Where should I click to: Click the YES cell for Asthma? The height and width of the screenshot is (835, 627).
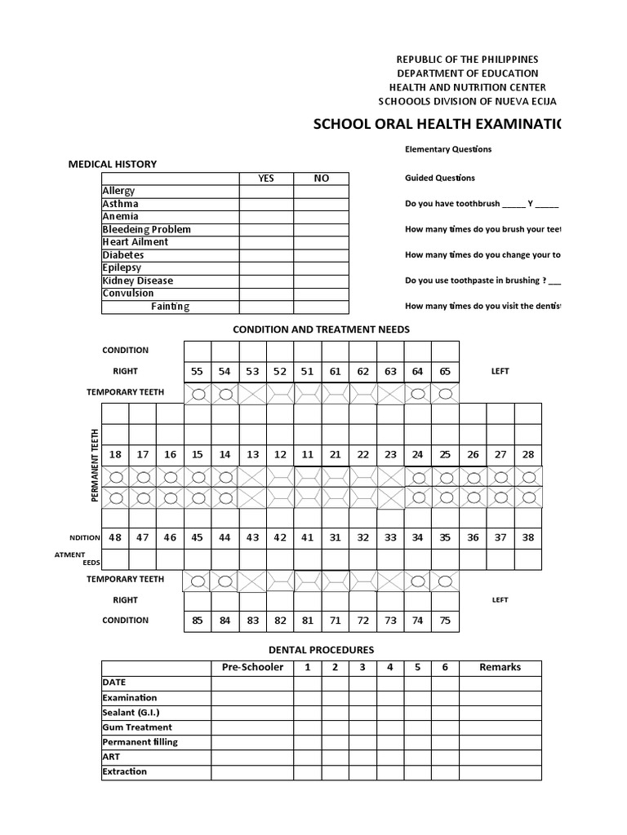266,204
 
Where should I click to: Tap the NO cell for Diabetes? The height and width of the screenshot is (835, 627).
321,255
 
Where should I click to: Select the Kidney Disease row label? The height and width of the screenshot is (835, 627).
138,281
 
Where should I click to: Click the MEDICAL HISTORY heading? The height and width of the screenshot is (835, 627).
112,164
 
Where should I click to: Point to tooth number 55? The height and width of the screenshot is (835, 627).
197,371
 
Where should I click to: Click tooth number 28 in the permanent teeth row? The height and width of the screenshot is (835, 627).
527,454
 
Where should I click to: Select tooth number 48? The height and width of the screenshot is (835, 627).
115,537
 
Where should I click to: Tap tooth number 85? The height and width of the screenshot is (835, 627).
198,621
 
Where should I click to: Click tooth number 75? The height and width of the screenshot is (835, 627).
445,621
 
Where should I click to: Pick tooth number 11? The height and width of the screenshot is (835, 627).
308,454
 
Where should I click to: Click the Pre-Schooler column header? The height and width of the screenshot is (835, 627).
252,667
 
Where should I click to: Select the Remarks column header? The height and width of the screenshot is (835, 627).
500,667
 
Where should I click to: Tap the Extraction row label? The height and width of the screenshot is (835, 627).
125,771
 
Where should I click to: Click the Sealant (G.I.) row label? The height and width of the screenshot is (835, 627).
130,713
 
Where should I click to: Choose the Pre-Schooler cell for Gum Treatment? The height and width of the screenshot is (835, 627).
252,727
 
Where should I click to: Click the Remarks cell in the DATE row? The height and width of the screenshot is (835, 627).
500,683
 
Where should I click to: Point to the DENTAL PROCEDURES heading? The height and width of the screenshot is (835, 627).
321,650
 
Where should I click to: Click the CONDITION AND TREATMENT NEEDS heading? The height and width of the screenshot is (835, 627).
321,329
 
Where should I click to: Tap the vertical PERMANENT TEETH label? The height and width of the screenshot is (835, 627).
96,465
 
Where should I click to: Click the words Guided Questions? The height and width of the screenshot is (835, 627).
440,178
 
